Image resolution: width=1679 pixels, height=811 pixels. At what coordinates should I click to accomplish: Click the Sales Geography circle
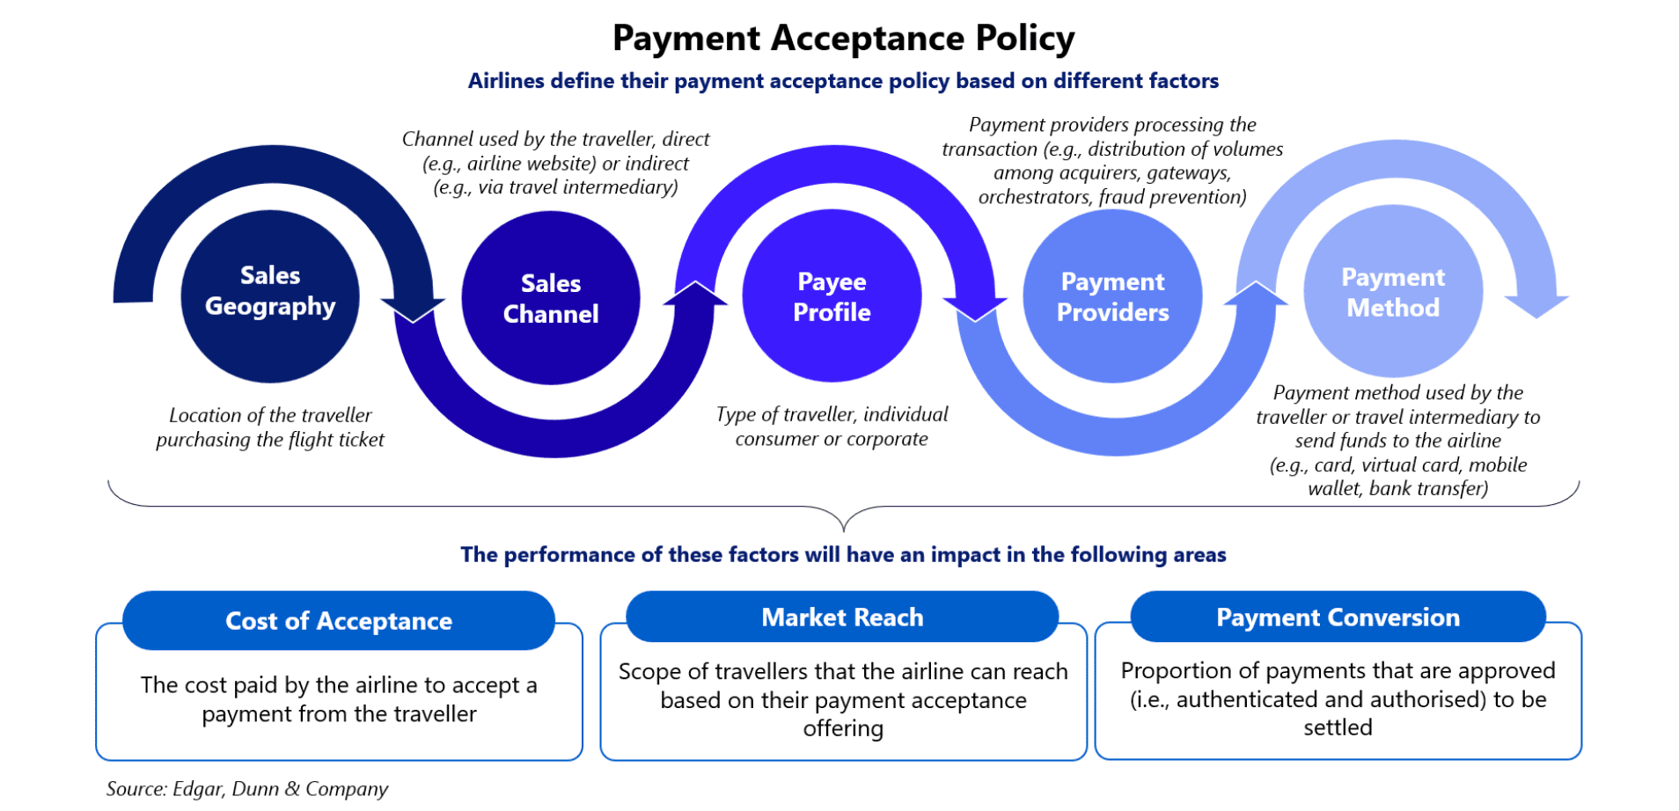pos(270,296)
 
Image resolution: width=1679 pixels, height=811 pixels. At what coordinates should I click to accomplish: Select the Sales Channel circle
pos(551,298)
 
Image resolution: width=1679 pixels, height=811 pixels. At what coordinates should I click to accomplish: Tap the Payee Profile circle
pos(832,296)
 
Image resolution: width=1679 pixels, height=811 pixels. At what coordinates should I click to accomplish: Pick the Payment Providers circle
pos(1112,296)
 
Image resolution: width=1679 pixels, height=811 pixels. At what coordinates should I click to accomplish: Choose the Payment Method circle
pos(1393,292)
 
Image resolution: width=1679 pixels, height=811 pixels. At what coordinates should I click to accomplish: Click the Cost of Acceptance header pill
pos(339,620)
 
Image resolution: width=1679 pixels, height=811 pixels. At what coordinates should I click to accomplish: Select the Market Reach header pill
pos(842,617)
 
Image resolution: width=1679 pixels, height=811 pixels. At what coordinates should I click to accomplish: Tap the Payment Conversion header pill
pos(1338,617)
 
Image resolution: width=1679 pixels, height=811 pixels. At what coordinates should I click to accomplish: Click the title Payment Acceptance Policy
pos(843,38)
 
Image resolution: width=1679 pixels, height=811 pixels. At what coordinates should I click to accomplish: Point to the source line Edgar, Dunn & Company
pos(247,789)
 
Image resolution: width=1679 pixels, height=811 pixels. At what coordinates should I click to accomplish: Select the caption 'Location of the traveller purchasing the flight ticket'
pos(270,427)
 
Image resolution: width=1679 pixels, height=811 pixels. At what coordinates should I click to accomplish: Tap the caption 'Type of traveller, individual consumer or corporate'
pos(832,427)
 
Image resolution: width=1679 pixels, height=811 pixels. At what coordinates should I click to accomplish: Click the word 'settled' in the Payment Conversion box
pos(1338,727)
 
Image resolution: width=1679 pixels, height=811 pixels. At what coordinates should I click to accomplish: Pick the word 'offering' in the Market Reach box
pos(843,729)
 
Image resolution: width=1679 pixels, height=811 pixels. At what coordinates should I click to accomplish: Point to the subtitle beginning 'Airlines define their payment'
pos(843,81)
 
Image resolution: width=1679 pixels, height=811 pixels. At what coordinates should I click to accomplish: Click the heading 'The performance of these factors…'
pos(843,554)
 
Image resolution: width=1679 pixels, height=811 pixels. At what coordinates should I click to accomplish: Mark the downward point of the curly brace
pos(843,531)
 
